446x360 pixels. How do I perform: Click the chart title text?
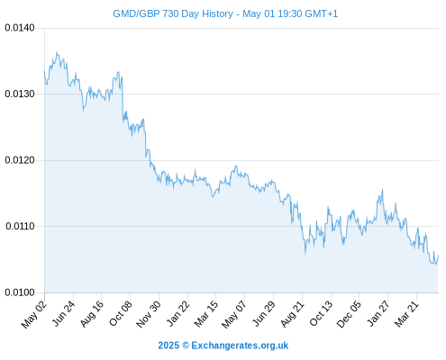[x=225, y=13]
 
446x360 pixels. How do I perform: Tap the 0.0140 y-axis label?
[x=20, y=28]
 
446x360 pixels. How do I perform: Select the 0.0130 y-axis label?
[x=20, y=94]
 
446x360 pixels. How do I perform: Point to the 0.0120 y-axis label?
[x=20, y=160]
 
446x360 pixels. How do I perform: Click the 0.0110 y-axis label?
[x=20, y=226]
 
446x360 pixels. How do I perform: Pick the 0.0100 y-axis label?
[x=20, y=292]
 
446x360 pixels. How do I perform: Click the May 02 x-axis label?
[x=34, y=314]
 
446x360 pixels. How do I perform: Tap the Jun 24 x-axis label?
[x=63, y=313]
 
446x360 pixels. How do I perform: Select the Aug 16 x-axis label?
[x=92, y=313]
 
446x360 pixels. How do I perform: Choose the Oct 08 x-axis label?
[x=120, y=313]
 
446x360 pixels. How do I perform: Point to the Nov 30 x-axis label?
[x=149, y=314]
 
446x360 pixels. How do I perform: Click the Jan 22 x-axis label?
[x=177, y=313]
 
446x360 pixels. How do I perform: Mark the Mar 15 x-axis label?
[x=205, y=314]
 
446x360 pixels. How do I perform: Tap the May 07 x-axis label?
[x=234, y=314]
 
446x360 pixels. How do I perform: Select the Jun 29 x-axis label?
[x=264, y=313]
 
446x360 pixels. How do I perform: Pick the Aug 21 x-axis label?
[x=292, y=313]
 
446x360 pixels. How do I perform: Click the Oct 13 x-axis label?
[x=321, y=313]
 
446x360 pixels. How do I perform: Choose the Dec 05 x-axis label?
[x=349, y=314]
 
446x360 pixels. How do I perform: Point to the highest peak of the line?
[x=57, y=52]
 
